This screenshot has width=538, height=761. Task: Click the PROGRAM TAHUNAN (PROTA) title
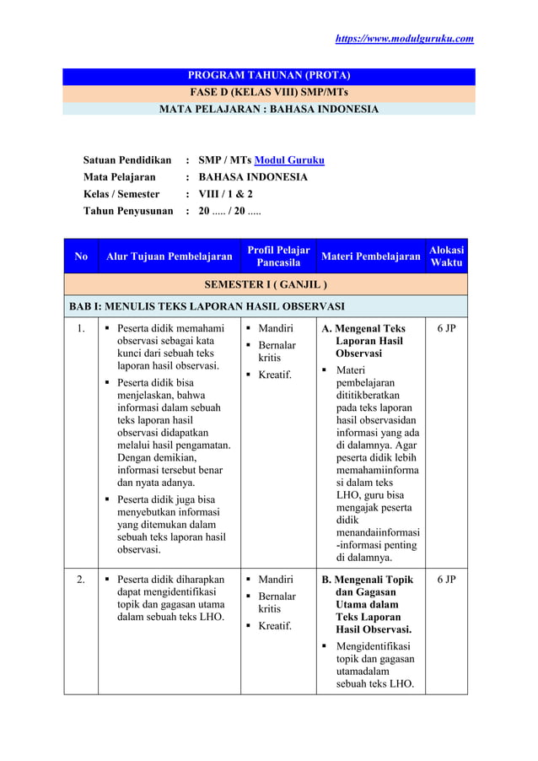[x=268, y=76]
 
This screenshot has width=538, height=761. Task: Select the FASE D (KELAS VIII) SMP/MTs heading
[x=268, y=92]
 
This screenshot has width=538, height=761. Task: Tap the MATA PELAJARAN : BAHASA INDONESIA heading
[x=268, y=109]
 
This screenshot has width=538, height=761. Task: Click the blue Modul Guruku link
[x=289, y=160]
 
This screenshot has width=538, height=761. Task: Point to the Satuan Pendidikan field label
[x=126, y=160]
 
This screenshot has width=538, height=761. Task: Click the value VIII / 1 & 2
[x=225, y=194]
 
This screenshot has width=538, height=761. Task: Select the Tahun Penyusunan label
[x=128, y=211]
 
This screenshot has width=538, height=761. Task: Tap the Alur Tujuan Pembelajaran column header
[x=169, y=256]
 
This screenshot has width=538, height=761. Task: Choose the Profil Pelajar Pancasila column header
[x=278, y=256]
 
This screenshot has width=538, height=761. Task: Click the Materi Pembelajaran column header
[x=370, y=256]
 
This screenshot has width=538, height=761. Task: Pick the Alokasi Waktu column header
[x=446, y=256]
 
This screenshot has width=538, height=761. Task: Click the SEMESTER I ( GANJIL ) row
[x=268, y=283]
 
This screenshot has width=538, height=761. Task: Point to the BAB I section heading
[x=207, y=305]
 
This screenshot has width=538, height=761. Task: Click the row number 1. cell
[x=81, y=329]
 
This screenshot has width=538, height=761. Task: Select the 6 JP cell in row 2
[x=446, y=580]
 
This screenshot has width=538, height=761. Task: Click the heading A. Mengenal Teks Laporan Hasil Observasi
[x=369, y=341]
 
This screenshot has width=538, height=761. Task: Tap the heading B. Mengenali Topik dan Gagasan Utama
[x=369, y=604]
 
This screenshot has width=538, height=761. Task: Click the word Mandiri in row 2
[x=276, y=580]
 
